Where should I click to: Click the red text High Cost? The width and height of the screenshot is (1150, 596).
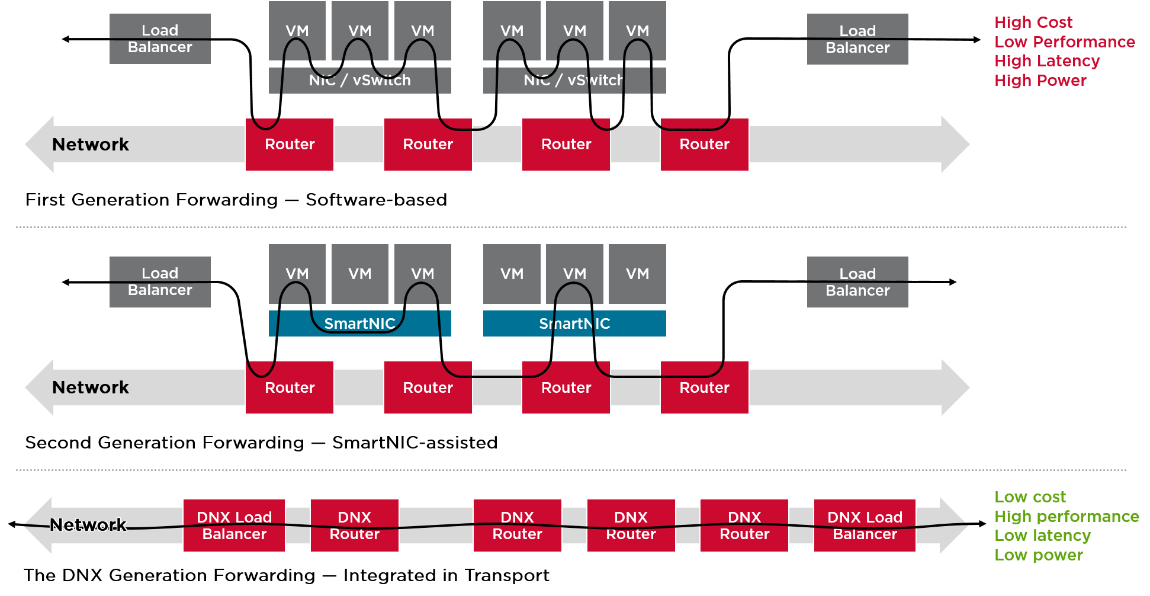click(1033, 23)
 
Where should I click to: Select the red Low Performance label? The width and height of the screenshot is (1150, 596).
click(1064, 42)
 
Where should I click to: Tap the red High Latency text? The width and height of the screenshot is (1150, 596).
click(1046, 61)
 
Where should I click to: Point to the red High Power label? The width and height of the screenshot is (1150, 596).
click(1040, 81)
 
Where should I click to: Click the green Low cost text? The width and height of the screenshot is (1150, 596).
click(1030, 497)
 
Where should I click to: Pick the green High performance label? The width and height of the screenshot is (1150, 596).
click(1066, 517)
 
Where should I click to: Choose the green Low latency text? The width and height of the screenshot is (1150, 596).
click(1042, 536)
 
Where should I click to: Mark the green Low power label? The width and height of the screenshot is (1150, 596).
click(1038, 555)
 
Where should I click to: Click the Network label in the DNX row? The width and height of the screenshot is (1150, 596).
click(88, 525)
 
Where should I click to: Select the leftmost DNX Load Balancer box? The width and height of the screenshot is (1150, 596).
click(234, 525)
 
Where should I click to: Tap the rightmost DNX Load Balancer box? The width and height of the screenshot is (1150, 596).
click(865, 525)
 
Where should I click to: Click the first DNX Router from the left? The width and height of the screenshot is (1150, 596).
click(354, 525)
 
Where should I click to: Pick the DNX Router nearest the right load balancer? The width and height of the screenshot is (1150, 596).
click(744, 525)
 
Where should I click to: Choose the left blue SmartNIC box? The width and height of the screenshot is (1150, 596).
click(359, 323)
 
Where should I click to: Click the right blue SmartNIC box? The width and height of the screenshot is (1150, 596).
click(574, 323)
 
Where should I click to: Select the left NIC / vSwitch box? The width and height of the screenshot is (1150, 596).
click(359, 81)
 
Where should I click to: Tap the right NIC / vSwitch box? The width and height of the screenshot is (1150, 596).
click(574, 81)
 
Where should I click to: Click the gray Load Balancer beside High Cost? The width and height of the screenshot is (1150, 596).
click(857, 39)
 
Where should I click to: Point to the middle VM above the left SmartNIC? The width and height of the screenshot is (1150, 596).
click(359, 274)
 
